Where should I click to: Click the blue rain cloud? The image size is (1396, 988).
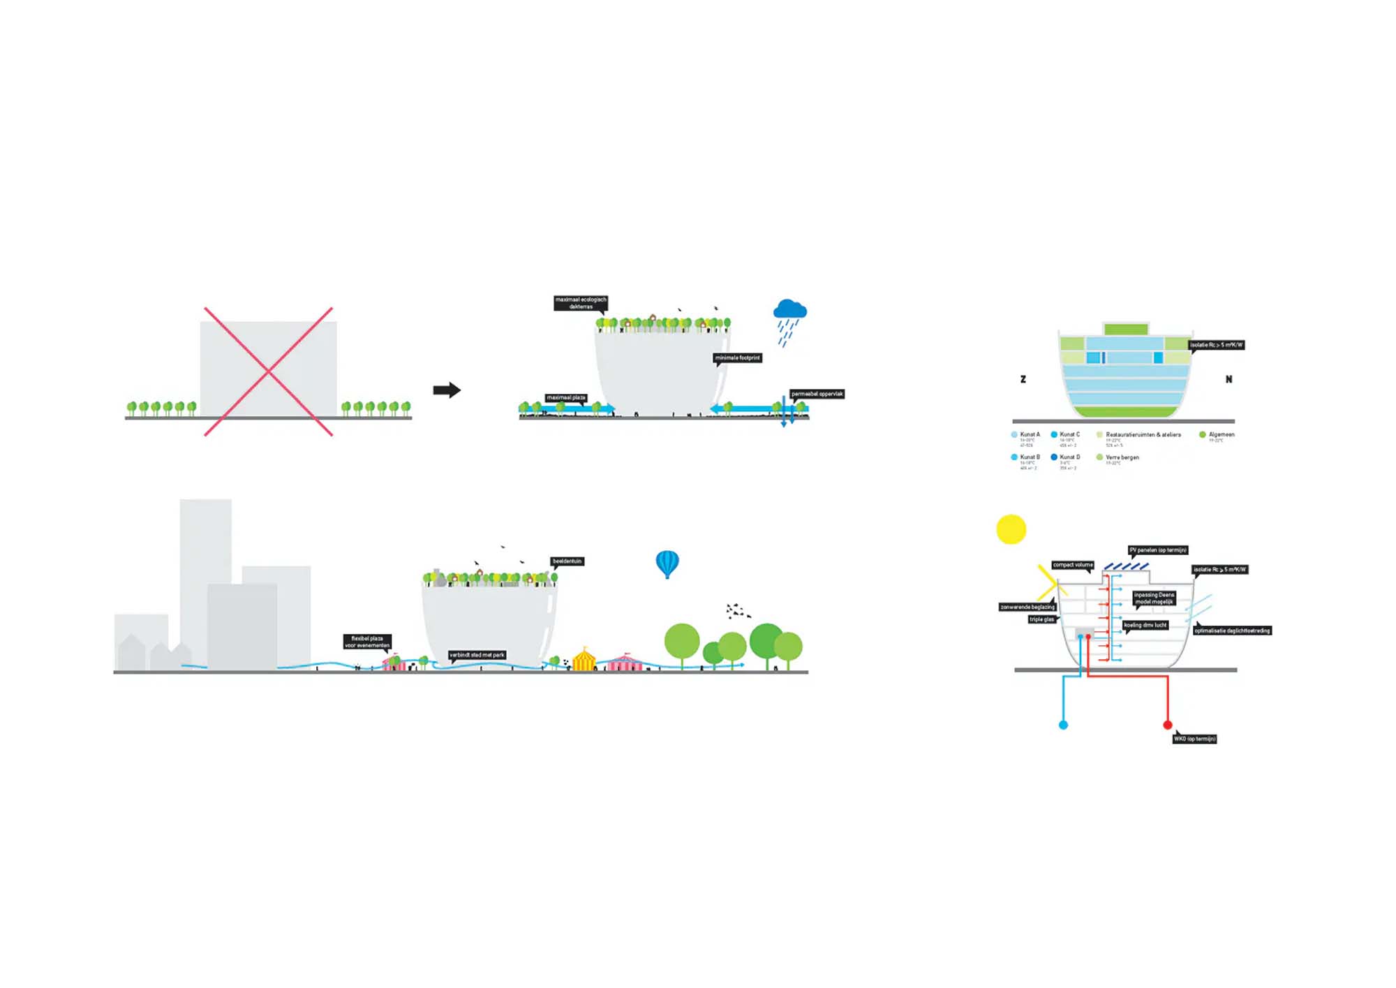pos(790,309)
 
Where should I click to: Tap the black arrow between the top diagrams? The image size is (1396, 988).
pos(447,390)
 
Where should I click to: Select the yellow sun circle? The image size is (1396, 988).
pos(1011,529)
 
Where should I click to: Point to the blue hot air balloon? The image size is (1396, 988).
pos(667,563)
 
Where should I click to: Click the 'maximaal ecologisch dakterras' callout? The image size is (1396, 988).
pos(581,303)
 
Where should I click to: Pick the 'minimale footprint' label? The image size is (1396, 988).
pos(737,358)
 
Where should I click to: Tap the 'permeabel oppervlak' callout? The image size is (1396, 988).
pos(817,394)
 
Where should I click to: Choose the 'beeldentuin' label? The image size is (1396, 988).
pos(567,561)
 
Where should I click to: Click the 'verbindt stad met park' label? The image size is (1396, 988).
pos(477,655)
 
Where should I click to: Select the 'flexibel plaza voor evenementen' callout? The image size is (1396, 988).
pos(367,642)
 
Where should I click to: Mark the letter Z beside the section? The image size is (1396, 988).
pos(1023,379)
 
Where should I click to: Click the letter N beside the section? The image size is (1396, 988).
pos(1228,379)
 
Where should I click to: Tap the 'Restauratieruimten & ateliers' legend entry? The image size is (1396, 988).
pos(1143,435)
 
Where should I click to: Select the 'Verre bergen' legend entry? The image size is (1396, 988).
pos(1122,457)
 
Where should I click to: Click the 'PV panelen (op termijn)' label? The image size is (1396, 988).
pos(1158,550)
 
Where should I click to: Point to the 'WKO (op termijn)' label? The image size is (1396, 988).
pos(1194,739)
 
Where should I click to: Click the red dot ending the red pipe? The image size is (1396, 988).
pos(1167,725)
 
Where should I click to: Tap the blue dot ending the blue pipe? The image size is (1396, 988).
pos(1063,725)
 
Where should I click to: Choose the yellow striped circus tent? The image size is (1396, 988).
pos(584,659)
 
